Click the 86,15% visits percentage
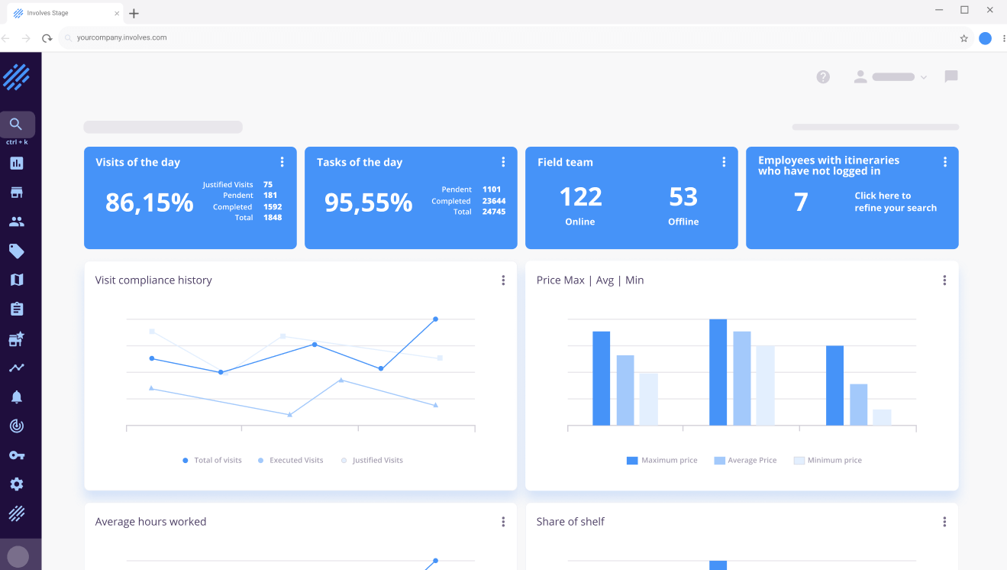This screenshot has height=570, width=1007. pos(149,202)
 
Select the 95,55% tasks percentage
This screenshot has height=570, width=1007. pos(368,202)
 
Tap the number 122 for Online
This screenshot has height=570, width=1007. pos(581,197)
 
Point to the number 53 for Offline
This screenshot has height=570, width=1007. pos(683,197)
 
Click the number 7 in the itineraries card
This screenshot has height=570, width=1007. pos(801,202)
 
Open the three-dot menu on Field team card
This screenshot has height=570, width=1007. pos(724,162)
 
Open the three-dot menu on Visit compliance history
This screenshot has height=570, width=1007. pos(503,280)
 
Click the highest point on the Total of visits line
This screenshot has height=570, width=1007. pos(435,319)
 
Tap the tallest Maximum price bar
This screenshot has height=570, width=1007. pos(718,372)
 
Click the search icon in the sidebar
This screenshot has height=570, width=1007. pos(17,125)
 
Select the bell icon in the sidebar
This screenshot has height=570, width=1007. pos(17,397)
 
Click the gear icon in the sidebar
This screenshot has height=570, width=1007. pos(17,484)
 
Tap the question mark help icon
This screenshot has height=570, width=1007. pos(823,76)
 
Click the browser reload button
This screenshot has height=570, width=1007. pos(47,38)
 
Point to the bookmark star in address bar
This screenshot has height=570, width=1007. pos(964,38)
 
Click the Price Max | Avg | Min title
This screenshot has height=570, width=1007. pos(590,280)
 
